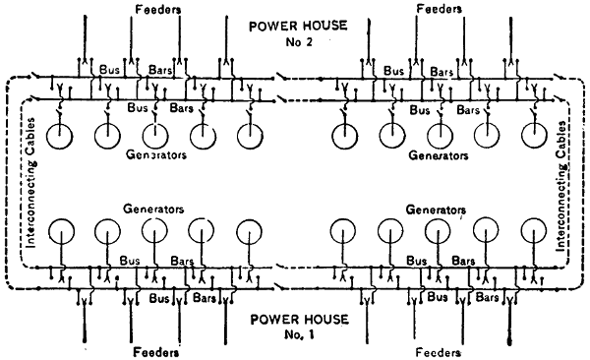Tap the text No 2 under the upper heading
coord(299,41)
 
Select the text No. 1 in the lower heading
coord(299,334)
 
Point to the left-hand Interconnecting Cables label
coord(31,183)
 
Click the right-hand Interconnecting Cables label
coord(561,186)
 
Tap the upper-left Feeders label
coord(158,10)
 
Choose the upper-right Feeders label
coord(440,8)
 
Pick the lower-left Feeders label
coord(156,352)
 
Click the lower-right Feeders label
coord(439,352)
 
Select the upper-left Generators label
coord(156,154)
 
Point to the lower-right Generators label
coord(436,210)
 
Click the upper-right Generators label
coord(439,155)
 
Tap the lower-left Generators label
coord(153,209)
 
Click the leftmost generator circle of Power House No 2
coord(47,136)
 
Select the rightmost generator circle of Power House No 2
coord(522,135)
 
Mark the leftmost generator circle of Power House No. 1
coord(49,230)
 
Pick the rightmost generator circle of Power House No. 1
coord(521,230)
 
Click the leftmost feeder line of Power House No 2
coord(85,37)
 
